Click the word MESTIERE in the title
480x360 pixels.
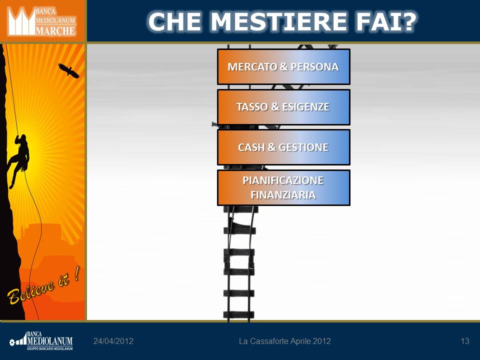click(x=278, y=21)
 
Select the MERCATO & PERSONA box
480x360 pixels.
click(x=283, y=66)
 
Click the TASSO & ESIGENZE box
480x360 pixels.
click(x=283, y=107)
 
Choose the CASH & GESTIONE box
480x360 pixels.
click(x=283, y=147)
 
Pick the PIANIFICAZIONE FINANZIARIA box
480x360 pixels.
click(x=283, y=187)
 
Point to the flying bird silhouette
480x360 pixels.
click(x=68, y=70)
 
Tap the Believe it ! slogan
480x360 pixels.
click(x=43, y=285)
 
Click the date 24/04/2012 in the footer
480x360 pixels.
click(x=113, y=341)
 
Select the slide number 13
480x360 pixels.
click(x=464, y=341)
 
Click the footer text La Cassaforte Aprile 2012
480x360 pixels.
click(x=284, y=341)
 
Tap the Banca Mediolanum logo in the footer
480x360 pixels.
click(x=41, y=340)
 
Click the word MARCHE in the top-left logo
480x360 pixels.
click(x=55, y=30)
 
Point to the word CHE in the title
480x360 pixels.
click(x=174, y=21)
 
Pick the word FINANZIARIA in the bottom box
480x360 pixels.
click(x=283, y=194)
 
